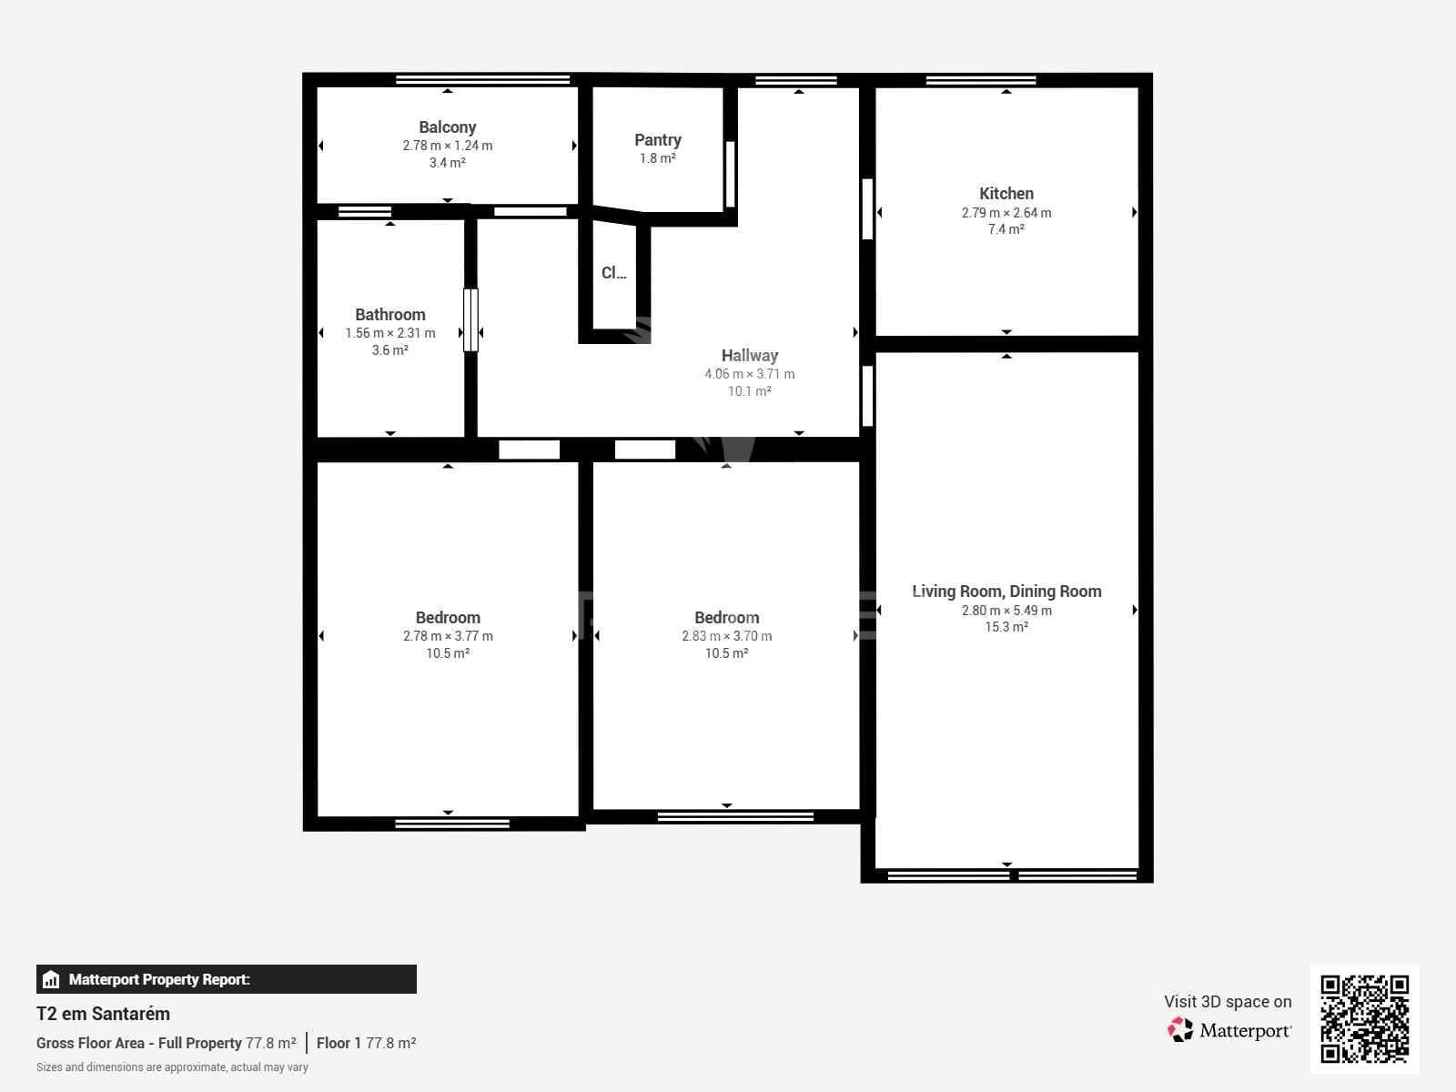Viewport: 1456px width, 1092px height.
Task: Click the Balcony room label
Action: click(447, 126)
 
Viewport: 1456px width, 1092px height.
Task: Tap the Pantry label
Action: click(657, 140)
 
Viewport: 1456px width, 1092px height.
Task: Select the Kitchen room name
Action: click(1006, 194)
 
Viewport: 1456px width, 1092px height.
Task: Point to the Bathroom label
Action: click(390, 314)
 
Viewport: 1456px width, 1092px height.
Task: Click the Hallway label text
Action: click(750, 356)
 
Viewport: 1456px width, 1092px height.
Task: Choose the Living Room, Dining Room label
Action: click(1006, 591)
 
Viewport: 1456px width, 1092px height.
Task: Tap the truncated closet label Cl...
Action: click(613, 272)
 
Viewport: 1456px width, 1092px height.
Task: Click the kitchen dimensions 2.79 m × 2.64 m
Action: click(1006, 213)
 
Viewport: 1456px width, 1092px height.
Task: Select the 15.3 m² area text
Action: click(1006, 627)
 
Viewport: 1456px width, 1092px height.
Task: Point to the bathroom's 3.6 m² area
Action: click(390, 350)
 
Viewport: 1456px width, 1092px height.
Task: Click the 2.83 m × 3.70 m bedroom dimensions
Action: click(726, 636)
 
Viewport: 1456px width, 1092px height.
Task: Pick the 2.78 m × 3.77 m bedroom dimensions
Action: click(448, 636)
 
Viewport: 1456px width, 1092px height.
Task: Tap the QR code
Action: click(1364, 1019)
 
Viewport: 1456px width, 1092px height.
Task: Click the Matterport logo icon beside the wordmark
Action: click(1180, 1030)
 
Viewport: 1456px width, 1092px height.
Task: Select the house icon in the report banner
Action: click(51, 979)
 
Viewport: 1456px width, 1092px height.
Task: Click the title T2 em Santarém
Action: click(103, 1014)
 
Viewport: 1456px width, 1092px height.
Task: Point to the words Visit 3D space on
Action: click(1228, 1002)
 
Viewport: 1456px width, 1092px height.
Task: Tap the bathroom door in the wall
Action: click(470, 320)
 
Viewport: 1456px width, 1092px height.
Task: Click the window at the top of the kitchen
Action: click(981, 80)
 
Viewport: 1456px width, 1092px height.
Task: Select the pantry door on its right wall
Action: click(731, 175)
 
